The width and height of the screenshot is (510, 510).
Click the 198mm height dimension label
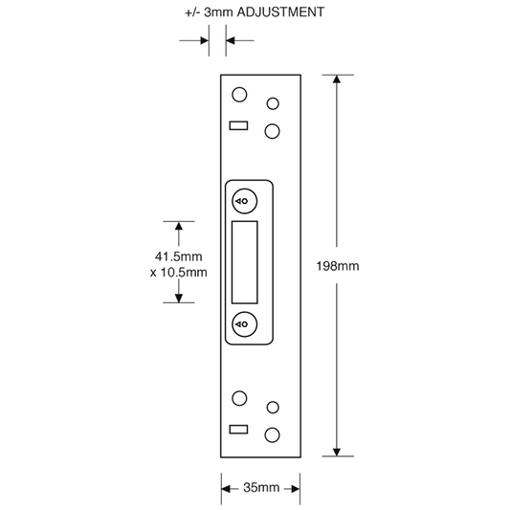(338, 266)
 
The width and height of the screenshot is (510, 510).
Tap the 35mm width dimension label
(261, 487)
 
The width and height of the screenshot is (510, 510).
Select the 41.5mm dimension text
(179, 256)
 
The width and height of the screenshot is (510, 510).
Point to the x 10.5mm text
(179, 273)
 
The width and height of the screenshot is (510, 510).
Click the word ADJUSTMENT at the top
(280, 12)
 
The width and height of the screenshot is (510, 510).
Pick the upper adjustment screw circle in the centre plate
(245, 201)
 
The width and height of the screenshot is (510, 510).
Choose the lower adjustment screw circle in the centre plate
(245, 324)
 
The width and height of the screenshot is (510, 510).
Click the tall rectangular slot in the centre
(245, 262)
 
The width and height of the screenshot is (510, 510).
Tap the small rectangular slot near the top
(239, 125)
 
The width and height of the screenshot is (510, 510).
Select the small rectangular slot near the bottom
(239, 430)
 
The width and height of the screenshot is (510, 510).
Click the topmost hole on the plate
(239, 95)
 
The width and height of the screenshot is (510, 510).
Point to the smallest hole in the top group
(273, 103)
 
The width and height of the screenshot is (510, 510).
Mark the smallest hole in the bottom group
(273, 408)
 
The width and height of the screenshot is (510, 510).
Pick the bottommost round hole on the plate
(273, 435)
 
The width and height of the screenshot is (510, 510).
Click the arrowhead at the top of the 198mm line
(337, 79)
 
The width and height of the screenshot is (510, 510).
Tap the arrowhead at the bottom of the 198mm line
(337, 452)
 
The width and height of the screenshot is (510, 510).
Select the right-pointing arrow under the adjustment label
(194, 40)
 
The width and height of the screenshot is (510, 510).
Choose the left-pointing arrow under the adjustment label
(240, 40)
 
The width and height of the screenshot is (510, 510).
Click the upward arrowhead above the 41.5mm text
(179, 226)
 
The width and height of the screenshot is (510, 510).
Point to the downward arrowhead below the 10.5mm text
(179, 299)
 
